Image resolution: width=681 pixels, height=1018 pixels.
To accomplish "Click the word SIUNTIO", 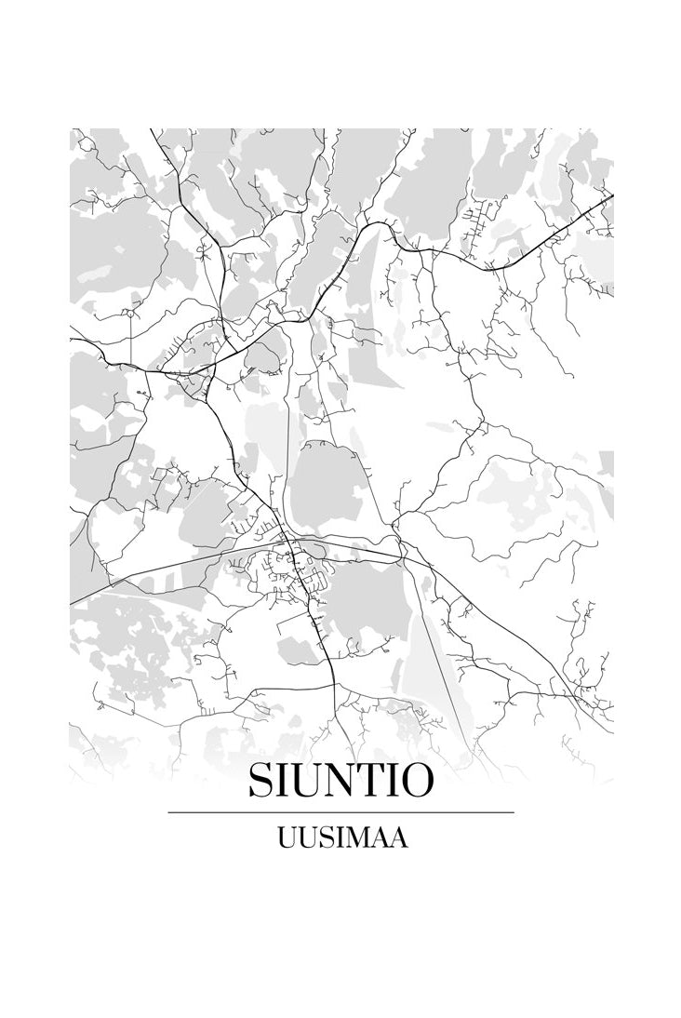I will tap(340, 782).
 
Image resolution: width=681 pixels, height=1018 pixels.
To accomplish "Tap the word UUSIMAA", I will tap(341, 838).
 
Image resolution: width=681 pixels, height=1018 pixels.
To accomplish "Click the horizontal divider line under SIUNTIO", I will tap(340, 812).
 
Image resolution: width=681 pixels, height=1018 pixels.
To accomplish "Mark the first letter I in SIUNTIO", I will tap(283, 782).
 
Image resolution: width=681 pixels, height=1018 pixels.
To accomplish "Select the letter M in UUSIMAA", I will tap(354, 838).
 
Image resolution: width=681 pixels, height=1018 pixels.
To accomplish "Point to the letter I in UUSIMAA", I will tap(336, 838).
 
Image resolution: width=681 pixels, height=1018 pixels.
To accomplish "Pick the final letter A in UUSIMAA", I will tap(397, 838).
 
